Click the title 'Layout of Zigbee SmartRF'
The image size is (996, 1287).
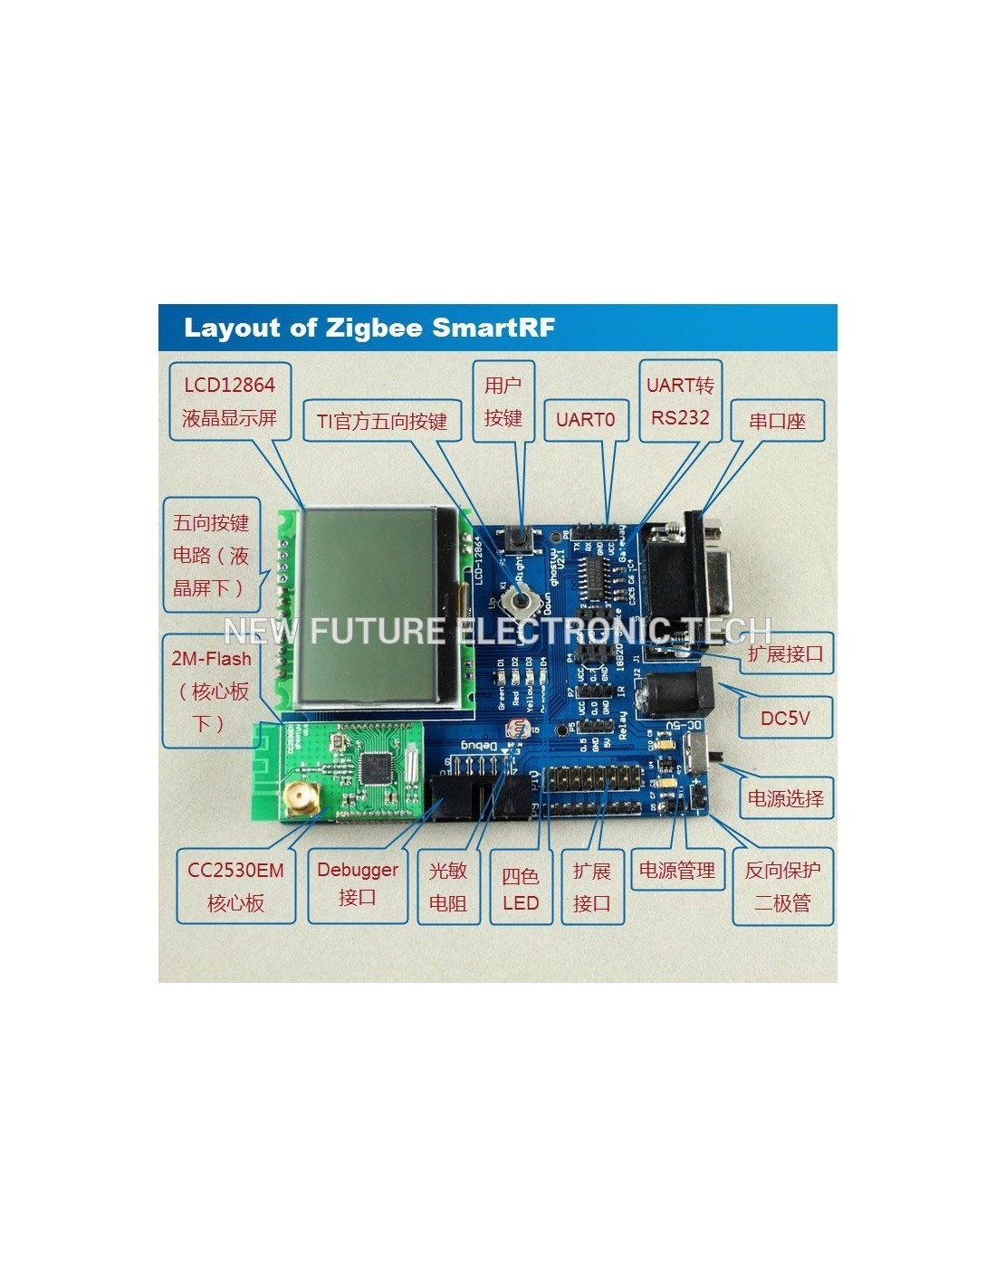(369, 328)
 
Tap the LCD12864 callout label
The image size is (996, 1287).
(229, 401)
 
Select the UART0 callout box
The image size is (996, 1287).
(585, 419)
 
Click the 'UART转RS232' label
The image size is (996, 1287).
(680, 401)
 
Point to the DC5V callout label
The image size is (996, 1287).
(784, 718)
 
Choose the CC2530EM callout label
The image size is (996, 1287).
(235, 886)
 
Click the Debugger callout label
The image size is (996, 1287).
(357, 883)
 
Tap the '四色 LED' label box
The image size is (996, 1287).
(521, 889)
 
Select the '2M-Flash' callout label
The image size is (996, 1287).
(211, 691)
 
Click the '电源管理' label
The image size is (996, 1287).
(677, 870)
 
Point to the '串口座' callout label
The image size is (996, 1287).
(777, 421)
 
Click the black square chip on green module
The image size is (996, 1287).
(375, 768)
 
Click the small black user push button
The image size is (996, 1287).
(522, 539)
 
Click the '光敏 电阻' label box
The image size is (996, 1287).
(448, 886)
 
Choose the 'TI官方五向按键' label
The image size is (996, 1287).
(381, 421)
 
